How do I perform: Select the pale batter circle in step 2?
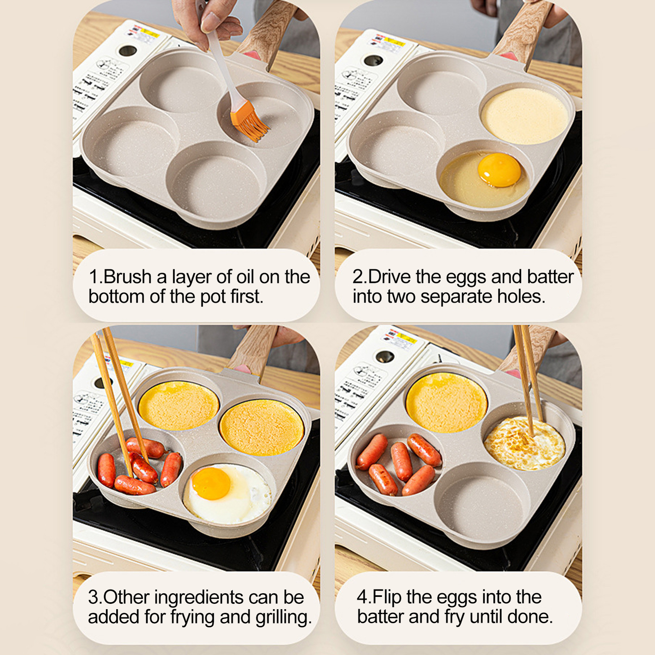(524, 116)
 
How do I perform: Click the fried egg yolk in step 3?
(211, 483)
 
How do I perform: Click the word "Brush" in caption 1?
(128, 277)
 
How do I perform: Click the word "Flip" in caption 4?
(387, 597)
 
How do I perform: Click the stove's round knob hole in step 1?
(128, 51)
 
